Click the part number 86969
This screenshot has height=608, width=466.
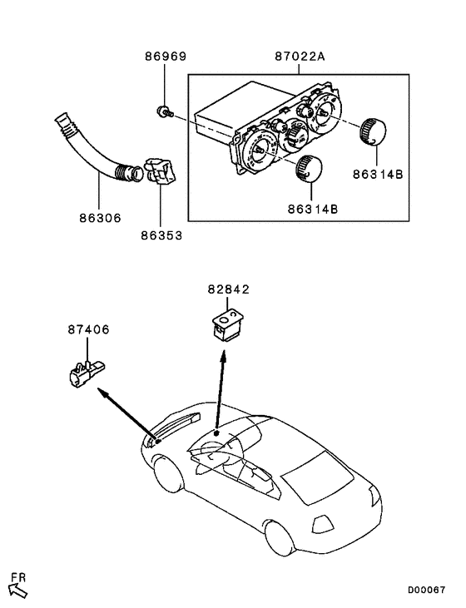(x=166, y=57)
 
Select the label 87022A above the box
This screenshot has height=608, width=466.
(x=300, y=57)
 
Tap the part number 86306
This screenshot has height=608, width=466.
(x=100, y=218)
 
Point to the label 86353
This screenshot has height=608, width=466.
(x=161, y=235)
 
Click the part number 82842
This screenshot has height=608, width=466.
(x=228, y=289)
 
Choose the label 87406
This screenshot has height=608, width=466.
(x=88, y=329)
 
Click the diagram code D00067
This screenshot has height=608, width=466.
(x=426, y=591)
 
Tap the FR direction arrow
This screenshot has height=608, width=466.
(x=18, y=591)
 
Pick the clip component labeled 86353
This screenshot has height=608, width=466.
(x=161, y=172)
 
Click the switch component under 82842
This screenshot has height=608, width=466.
(x=228, y=324)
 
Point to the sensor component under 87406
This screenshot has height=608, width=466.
(x=87, y=373)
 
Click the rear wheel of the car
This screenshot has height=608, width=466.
(x=279, y=538)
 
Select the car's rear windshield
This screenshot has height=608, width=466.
(x=317, y=477)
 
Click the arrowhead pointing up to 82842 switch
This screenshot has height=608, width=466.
(x=224, y=356)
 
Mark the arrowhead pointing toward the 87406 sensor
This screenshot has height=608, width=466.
(x=103, y=393)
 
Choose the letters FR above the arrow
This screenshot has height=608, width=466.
(x=18, y=578)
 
